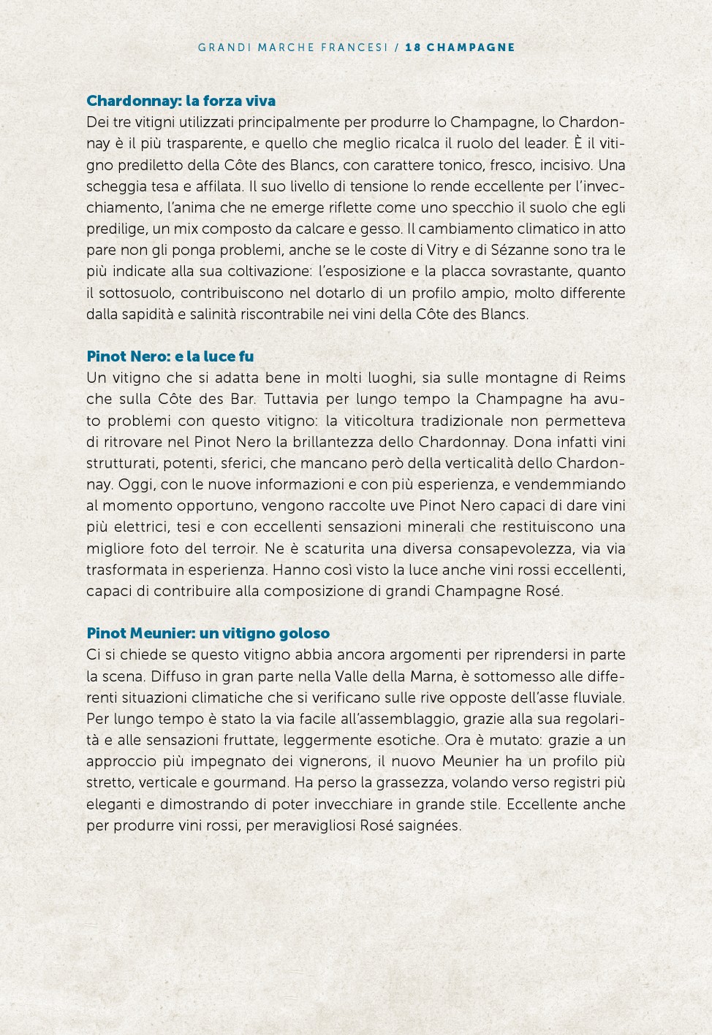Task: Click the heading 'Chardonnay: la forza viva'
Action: click(181, 101)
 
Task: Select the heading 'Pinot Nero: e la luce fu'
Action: click(170, 356)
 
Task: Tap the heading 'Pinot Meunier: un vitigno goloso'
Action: click(208, 633)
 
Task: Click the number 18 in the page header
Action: click(413, 47)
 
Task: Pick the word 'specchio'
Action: click(441, 208)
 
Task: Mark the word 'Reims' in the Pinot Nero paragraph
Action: click(604, 378)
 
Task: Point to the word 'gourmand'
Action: click(256, 783)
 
